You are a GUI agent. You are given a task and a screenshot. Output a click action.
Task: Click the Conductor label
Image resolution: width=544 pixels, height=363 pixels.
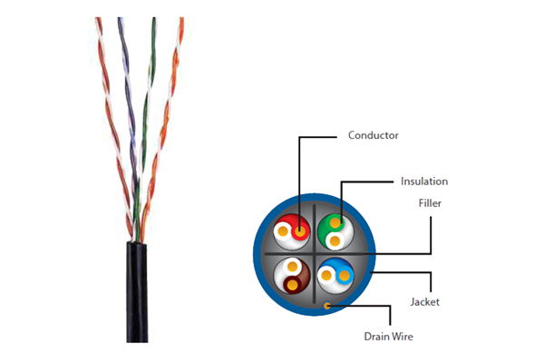coord(373,135)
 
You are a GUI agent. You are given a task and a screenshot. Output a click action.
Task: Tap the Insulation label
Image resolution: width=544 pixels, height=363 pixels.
coord(424,181)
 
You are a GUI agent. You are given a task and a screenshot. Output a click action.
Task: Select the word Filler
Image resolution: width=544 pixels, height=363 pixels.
coord(430,203)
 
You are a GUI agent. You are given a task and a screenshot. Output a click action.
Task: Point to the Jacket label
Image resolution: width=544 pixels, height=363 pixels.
coord(424,302)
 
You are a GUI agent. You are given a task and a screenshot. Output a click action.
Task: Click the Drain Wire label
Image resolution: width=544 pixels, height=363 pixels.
coord(388,337)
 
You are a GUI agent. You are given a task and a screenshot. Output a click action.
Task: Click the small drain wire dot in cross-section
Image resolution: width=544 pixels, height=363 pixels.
coord(326,306)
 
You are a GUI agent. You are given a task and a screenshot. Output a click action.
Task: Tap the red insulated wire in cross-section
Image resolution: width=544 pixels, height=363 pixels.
coord(300,231)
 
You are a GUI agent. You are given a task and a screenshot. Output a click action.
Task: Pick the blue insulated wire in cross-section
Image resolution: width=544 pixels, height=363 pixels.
coord(345,276)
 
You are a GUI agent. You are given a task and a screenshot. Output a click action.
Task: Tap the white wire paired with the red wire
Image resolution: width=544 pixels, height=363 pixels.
coord(283,231)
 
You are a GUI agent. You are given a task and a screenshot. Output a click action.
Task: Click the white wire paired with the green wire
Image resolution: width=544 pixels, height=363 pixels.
coord(335,240)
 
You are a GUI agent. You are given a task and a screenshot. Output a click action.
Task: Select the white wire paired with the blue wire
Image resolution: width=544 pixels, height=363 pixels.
coord(326,276)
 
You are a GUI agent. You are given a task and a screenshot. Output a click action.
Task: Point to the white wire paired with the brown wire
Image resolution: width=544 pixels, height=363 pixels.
coord(293,267)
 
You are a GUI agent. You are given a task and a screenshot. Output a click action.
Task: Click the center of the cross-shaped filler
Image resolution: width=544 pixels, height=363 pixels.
coord(315,254)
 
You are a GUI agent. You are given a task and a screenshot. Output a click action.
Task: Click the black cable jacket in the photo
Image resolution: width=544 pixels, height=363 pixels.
coord(137,292)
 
